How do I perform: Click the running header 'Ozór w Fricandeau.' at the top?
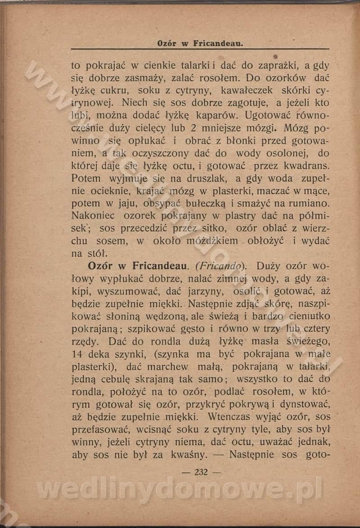click(200, 44)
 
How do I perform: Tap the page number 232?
click(201, 472)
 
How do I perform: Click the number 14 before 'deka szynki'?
click(77, 354)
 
